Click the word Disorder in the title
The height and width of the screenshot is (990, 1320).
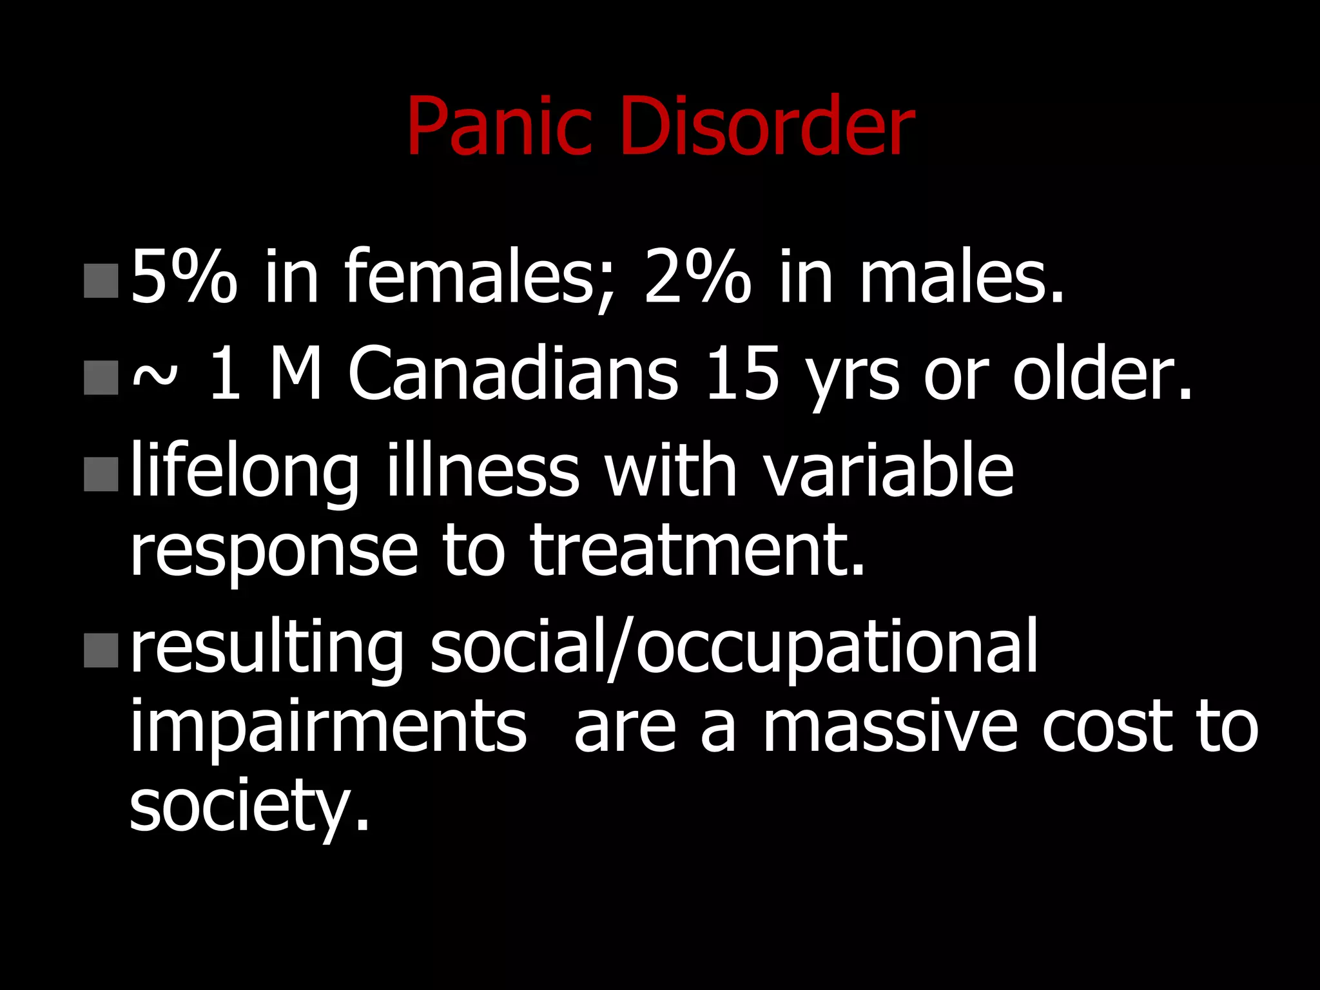point(767,126)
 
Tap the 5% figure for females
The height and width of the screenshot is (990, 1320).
point(184,277)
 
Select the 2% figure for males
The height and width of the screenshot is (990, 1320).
point(697,277)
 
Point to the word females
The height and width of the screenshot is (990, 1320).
point(480,277)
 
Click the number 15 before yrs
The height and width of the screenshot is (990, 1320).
point(742,374)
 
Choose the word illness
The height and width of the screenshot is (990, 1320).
point(483,471)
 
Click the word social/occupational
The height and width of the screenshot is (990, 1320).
point(734,648)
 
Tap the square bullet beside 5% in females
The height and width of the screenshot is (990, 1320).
point(101,280)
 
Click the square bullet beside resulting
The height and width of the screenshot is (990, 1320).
point(101,650)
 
